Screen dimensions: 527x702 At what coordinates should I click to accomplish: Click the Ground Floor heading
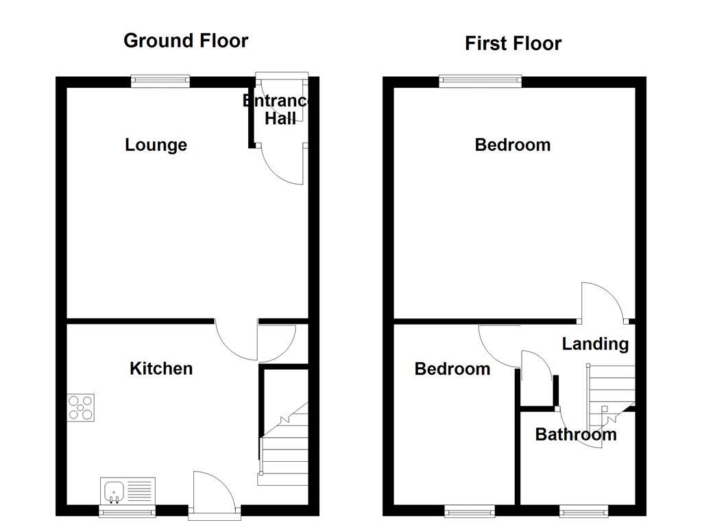pos(186,40)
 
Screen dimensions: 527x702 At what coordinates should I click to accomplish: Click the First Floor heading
pos(513,43)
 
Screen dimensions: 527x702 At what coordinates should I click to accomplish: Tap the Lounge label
pos(156,145)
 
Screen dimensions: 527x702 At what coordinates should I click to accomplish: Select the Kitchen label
pos(161,368)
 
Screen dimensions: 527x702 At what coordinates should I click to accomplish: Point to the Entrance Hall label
pos(278,110)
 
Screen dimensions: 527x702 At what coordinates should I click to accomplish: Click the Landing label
pos(595,343)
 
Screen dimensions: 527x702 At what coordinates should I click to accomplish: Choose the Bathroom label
pos(576,434)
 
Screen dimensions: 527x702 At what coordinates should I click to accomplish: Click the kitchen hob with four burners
pos(81,408)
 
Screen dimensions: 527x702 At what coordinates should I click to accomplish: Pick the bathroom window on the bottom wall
pos(583,511)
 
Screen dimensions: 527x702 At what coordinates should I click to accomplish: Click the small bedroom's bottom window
pos(470,511)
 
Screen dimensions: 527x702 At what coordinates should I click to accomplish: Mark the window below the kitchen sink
pos(128,511)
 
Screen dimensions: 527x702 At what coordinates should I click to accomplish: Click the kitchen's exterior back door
pos(214,493)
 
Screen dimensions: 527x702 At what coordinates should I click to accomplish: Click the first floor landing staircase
pos(610,395)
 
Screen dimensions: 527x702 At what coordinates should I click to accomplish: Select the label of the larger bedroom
pos(512,145)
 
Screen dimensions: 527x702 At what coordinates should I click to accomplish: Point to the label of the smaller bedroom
pos(452,368)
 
